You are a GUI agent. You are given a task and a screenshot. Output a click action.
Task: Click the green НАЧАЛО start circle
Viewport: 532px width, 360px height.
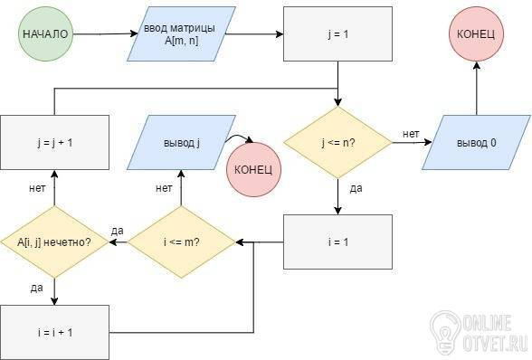[x=45, y=34]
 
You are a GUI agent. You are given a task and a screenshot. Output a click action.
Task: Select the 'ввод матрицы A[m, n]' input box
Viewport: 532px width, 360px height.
[x=181, y=34]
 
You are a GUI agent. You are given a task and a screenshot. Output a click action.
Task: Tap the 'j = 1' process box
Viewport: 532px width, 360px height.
[x=338, y=34]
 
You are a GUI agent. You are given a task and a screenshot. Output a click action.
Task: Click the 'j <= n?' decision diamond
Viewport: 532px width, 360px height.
[x=338, y=143]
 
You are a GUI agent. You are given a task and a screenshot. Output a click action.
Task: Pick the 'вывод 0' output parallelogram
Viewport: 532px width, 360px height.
[x=476, y=143]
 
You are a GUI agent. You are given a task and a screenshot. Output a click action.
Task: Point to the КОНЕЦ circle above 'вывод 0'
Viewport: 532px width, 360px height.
[x=476, y=34]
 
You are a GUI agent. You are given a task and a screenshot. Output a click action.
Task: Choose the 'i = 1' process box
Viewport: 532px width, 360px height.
[x=338, y=242]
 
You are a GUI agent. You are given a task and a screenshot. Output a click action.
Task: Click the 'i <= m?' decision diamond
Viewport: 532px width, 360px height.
[x=181, y=242]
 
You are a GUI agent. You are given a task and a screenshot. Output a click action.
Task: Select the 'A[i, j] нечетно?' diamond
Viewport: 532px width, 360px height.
[x=54, y=242]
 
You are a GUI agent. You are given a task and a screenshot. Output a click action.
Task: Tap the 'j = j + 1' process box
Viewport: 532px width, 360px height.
[x=54, y=143]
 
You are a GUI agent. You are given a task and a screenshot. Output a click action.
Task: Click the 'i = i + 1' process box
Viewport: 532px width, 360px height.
[x=54, y=332]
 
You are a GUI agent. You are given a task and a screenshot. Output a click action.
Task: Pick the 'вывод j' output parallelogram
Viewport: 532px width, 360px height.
[x=181, y=143]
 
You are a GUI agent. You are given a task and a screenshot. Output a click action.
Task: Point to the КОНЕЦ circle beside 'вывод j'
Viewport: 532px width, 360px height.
[x=253, y=169]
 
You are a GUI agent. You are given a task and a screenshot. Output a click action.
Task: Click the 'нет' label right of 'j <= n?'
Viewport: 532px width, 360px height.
[x=411, y=134]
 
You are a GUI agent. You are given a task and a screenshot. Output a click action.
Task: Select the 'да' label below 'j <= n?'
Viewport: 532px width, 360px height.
[x=356, y=188]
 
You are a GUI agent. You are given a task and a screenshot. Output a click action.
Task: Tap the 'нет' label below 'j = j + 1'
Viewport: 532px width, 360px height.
[x=37, y=188]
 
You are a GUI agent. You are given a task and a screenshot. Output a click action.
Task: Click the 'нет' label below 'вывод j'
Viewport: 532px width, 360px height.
[x=164, y=188]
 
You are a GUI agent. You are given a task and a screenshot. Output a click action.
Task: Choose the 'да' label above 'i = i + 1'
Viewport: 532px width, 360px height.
[x=36, y=288]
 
